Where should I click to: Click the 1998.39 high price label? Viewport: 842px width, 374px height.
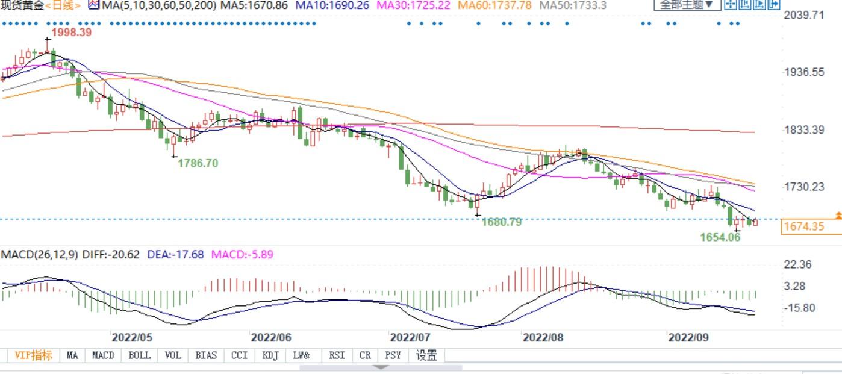(x=72, y=33)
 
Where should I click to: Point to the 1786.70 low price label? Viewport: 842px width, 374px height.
(x=198, y=163)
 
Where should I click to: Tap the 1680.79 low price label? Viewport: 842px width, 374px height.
(x=502, y=222)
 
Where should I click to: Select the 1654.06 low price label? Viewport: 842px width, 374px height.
(x=720, y=237)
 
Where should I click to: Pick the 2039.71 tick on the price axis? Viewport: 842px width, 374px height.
(x=804, y=15)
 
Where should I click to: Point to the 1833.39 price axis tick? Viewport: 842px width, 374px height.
(x=804, y=129)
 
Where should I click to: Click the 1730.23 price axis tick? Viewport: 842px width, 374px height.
(x=804, y=187)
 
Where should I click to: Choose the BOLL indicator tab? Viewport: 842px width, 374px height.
(x=139, y=355)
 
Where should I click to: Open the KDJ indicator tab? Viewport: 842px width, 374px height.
(x=270, y=355)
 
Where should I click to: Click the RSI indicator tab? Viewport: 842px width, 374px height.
(x=337, y=355)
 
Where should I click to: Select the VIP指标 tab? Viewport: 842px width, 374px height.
(x=33, y=355)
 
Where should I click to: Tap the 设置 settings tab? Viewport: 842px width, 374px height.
(x=426, y=355)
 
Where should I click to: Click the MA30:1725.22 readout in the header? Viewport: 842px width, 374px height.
(x=414, y=5)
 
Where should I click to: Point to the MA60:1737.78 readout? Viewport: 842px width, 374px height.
(x=496, y=5)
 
